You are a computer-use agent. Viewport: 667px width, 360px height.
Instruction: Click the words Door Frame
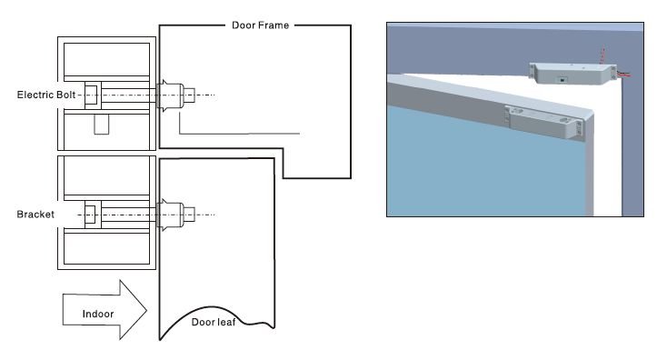(x=260, y=25)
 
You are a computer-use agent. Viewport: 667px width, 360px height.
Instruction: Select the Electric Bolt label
(x=46, y=95)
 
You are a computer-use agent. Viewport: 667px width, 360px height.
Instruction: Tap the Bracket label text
(x=35, y=214)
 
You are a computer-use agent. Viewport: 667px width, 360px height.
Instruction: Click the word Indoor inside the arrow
(x=98, y=314)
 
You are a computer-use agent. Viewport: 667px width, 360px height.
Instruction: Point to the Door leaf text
(x=214, y=322)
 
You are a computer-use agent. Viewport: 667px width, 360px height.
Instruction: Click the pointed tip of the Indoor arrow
(x=146, y=310)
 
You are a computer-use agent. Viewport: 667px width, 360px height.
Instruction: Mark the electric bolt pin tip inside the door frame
(x=194, y=95)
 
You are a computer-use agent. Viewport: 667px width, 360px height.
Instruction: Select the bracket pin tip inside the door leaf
(x=194, y=215)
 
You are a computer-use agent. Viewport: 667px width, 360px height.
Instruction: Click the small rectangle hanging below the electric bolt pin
(x=102, y=125)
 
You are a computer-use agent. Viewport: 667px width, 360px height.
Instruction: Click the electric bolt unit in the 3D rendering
(x=572, y=74)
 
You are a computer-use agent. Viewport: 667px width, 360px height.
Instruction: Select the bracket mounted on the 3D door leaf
(x=543, y=122)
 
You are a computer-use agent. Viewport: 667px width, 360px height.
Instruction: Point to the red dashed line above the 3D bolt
(x=602, y=55)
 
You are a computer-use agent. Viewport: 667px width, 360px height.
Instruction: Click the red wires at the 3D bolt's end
(x=623, y=75)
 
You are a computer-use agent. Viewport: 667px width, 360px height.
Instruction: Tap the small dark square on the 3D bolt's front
(x=562, y=80)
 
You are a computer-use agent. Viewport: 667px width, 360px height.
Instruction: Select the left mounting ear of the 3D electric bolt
(x=533, y=71)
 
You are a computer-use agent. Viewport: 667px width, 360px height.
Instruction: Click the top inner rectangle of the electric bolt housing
(x=106, y=60)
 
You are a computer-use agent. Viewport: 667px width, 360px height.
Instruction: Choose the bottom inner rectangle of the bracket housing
(x=106, y=248)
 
